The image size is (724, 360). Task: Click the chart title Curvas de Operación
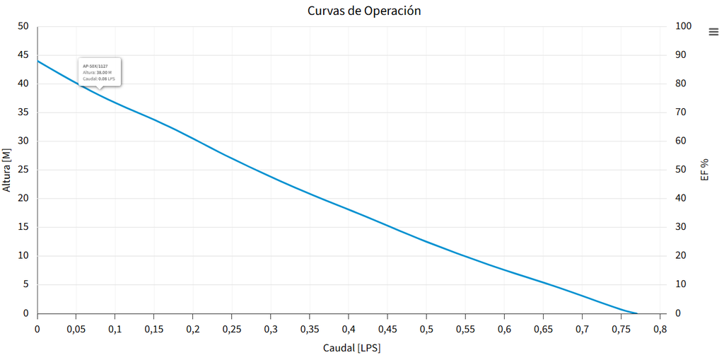pyautogui.click(x=364, y=11)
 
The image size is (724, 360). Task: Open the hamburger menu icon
pyautogui.click(x=713, y=31)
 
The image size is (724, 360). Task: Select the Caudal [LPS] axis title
pyautogui.click(x=351, y=348)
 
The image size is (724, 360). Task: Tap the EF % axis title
pyautogui.click(x=704, y=170)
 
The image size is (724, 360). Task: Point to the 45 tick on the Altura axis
pyautogui.click(x=23, y=55)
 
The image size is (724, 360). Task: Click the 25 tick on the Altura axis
pyautogui.click(x=23, y=170)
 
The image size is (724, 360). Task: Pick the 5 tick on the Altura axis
pyautogui.click(x=26, y=284)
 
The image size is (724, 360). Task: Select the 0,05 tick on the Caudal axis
pyautogui.click(x=76, y=329)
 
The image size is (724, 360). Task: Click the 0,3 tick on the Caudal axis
pyautogui.click(x=271, y=329)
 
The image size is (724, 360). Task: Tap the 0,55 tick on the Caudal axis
pyautogui.click(x=465, y=329)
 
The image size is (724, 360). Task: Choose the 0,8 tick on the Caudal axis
pyautogui.click(x=660, y=329)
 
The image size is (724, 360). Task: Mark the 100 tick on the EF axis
pyautogui.click(x=683, y=26)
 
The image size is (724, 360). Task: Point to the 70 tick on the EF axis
pyautogui.click(x=681, y=112)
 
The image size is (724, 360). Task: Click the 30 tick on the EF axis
pyautogui.click(x=681, y=227)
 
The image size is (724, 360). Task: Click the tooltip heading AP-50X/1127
pyautogui.click(x=95, y=66)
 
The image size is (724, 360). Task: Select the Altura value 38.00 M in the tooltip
pyautogui.click(x=103, y=72)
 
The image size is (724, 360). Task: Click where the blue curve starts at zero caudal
pyautogui.click(x=37, y=61)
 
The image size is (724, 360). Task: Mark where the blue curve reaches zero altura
pyautogui.click(x=636, y=313)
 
